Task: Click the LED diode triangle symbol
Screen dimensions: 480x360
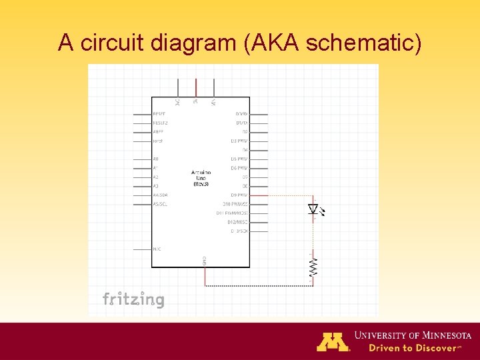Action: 313,209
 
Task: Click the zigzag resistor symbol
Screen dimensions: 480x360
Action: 313,267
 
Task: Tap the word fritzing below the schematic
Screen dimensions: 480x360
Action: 133,299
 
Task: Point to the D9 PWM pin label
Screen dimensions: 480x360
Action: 239,195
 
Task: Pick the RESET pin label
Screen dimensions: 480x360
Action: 160,114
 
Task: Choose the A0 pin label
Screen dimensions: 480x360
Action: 156,159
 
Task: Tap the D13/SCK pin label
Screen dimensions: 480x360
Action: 239,231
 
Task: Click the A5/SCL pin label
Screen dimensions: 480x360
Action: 160,204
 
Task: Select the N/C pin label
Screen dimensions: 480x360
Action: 157,249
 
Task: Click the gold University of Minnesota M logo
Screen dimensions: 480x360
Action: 333,341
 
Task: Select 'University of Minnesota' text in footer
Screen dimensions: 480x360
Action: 413,335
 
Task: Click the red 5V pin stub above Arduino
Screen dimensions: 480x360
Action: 196,87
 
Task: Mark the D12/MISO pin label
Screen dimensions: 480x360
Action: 237,222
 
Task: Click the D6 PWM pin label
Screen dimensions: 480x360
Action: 239,168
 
